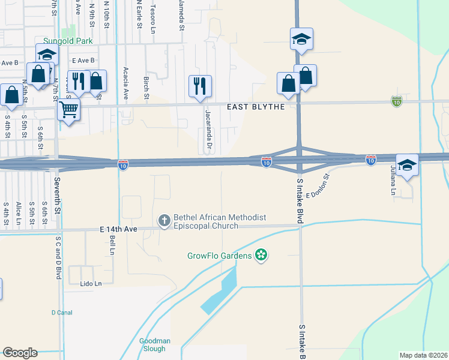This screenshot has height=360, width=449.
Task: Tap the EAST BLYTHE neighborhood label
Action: pos(255,107)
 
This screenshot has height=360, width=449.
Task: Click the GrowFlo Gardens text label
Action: pos(218,256)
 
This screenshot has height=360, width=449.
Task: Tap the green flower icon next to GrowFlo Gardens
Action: pos(261,256)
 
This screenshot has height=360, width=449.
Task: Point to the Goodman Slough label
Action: pos(155,344)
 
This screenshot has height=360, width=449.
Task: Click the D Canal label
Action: pos(61,313)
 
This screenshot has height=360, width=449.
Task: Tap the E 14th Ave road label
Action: pos(119,229)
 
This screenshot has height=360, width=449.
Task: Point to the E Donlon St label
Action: pos(318,187)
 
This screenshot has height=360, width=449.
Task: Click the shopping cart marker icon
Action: pos(69,110)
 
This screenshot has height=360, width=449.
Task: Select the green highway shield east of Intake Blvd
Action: pos(396,102)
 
